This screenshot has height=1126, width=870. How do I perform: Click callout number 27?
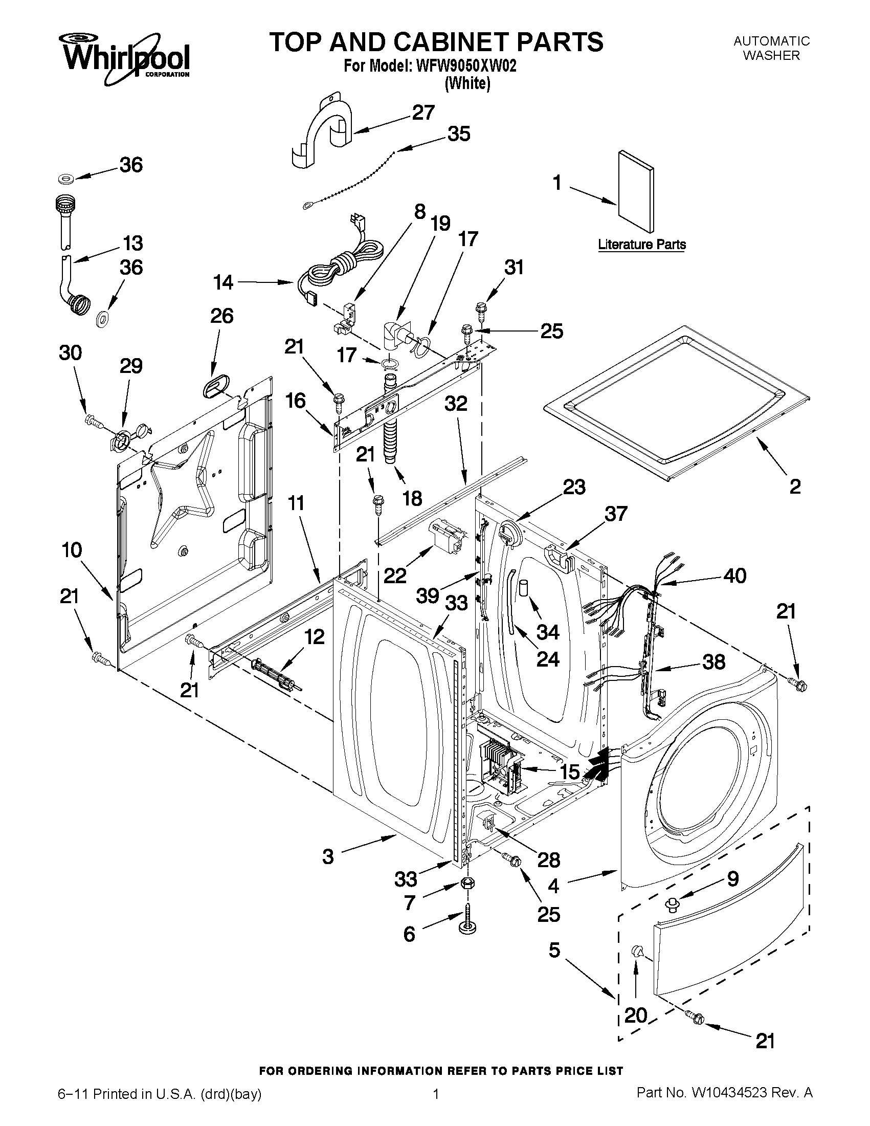coord(423,113)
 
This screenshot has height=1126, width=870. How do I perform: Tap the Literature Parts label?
coord(642,245)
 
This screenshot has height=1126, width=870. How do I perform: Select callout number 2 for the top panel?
coord(795,485)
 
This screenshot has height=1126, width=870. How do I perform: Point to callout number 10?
coord(72,550)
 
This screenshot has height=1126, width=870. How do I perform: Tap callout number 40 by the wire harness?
coord(734,576)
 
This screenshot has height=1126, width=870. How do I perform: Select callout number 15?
coord(570,772)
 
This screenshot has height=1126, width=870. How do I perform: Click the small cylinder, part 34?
coord(524,588)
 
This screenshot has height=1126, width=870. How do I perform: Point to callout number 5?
coord(554,949)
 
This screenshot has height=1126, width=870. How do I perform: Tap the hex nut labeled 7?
coord(467,883)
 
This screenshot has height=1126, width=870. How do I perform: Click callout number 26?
coord(221,316)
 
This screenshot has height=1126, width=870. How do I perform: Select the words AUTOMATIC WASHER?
coord(772,48)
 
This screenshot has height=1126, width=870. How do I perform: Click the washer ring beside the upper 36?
coord(66,179)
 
